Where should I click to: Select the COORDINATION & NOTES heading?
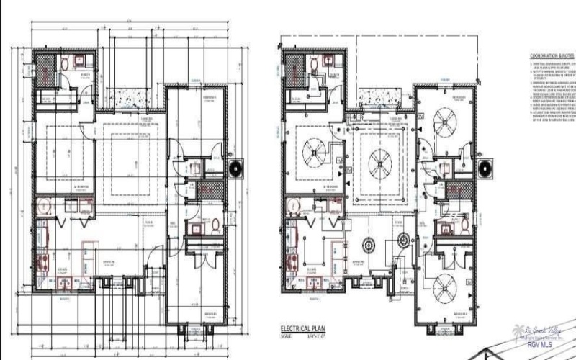(x=552, y=55)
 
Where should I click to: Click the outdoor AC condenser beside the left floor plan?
(x=237, y=168)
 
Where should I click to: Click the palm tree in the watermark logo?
(x=517, y=332)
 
